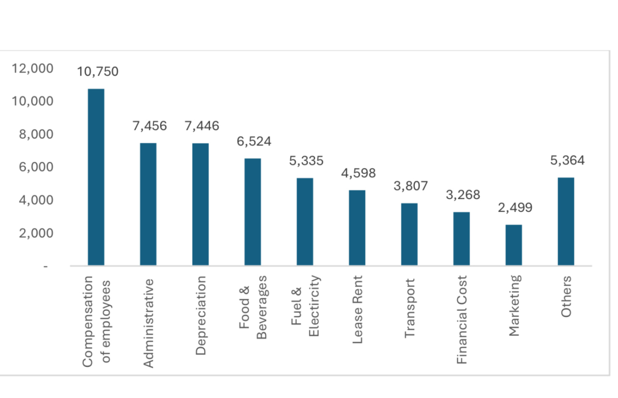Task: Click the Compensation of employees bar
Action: [x=96, y=177]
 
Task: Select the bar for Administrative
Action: [x=148, y=204]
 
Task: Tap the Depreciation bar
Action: [x=200, y=204]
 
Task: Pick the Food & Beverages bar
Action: [x=253, y=212]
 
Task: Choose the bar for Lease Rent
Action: [x=357, y=228]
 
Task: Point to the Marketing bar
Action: [x=514, y=245]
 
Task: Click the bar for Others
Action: [x=566, y=221]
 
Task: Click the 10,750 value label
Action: [x=98, y=72]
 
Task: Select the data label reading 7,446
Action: [x=202, y=126]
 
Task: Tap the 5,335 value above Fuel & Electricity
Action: [x=306, y=161]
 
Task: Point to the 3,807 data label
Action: [x=411, y=186]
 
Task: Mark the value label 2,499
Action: [x=515, y=207]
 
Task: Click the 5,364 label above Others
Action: [x=567, y=160]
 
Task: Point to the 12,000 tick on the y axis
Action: [x=33, y=68]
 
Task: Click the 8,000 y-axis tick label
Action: [x=36, y=134]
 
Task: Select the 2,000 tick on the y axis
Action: [x=36, y=233]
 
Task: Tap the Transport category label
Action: [x=410, y=308]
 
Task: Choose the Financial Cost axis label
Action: [x=462, y=320]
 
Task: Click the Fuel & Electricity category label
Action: [x=305, y=306]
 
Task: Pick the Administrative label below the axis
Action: [x=148, y=323]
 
